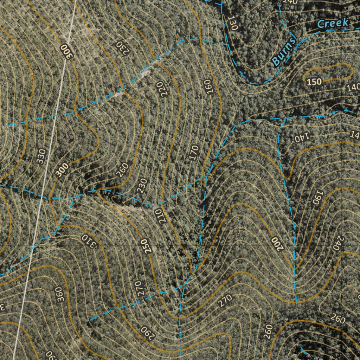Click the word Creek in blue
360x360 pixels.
tap(332, 23)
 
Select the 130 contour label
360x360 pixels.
tap(232, 23)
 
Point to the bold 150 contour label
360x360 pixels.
tap(314, 82)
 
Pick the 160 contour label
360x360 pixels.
tap(210, 87)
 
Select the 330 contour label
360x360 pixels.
tap(41, 156)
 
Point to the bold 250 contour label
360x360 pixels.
tap(146, 246)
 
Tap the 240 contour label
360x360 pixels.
tap(337, 243)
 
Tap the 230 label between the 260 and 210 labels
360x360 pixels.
tap(142, 186)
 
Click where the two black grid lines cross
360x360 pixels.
tap(343, 244)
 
